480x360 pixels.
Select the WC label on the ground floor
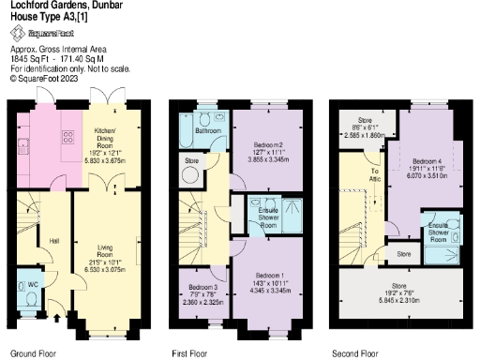(x=33, y=283)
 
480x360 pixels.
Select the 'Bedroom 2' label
(x=268, y=146)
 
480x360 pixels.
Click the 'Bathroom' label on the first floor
(x=208, y=131)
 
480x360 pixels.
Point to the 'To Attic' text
(x=375, y=173)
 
